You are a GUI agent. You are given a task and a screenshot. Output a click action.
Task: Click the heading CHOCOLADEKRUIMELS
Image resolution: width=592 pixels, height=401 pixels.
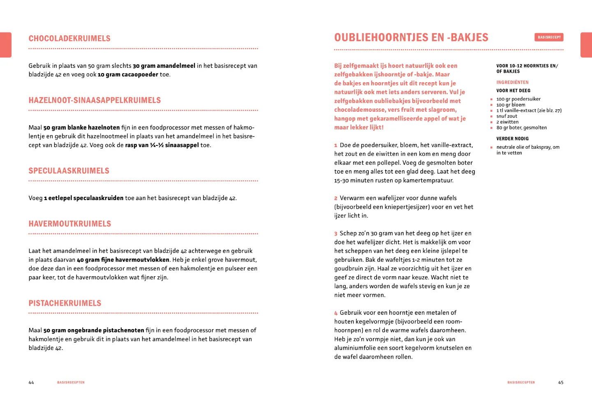tap(69, 39)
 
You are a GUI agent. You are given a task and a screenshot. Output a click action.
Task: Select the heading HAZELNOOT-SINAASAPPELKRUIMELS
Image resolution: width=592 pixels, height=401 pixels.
tap(95, 100)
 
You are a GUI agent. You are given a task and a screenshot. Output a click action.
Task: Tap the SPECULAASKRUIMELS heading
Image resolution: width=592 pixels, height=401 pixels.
tap(69, 171)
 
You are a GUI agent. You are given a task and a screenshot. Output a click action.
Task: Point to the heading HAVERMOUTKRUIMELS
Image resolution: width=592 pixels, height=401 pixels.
tap(70, 224)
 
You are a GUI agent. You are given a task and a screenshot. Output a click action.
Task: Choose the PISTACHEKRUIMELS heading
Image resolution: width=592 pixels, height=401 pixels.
tap(65, 303)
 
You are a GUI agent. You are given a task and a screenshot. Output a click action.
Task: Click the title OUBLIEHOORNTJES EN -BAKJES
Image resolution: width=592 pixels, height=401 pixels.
tap(411, 38)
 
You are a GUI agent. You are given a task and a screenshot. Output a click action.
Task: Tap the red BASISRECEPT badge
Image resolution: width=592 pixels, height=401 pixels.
tap(549, 37)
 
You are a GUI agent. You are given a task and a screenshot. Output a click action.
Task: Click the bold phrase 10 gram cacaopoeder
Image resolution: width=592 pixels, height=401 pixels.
tap(128, 75)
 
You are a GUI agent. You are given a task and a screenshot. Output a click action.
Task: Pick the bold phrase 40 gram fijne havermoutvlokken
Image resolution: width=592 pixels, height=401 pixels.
tap(123, 260)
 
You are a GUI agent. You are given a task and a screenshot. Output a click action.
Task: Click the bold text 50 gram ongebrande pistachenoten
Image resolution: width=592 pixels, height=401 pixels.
tap(94, 330)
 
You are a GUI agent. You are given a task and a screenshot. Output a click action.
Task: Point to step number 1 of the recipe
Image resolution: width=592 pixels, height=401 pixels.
tap(336, 145)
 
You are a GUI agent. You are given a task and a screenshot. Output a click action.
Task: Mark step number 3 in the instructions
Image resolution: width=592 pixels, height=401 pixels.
tap(336, 233)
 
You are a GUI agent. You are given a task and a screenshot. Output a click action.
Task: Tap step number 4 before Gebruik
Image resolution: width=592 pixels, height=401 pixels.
tap(336, 313)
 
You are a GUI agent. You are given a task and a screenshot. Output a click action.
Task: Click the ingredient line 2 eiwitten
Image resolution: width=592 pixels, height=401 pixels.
tap(507, 122)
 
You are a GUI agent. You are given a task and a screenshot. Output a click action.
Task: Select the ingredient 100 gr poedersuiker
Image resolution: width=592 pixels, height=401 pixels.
tap(518, 99)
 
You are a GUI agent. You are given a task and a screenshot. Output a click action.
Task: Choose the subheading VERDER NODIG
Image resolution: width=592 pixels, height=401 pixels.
tap(512, 139)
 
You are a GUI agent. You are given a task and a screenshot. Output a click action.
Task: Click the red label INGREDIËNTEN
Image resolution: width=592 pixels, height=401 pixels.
tap(512, 83)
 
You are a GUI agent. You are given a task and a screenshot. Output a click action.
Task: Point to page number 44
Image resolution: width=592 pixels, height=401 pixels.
tap(31, 383)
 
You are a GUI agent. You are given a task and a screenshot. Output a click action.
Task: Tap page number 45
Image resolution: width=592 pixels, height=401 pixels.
tap(561, 383)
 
